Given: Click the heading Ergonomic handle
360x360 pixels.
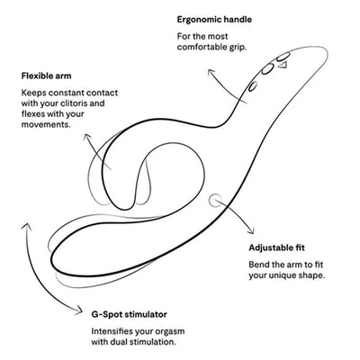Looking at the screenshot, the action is pyautogui.click(x=214, y=20).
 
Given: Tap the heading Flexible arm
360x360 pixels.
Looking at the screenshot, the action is pyautogui.click(x=46, y=76).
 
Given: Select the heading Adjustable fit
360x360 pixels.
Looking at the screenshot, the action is pyautogui.click(x=276, y=247).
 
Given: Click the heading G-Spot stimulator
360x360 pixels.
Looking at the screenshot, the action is pyautogui.click(x=129, y=314).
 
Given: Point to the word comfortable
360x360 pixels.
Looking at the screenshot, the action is pyautogui.click(x=202, y=48).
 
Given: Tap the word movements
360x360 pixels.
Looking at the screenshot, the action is pyautogui.click(x=46, y=124).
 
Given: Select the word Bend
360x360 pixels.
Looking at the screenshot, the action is pyautogui.click(x=258, y=265).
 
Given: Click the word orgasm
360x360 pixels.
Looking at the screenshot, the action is pyautogui.click(x=171, y=332).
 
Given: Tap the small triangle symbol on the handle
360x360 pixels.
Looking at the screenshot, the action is pyautogui.click(x=283, y=65).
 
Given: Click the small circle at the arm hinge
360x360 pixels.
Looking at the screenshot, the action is pyautogui.click(x=216, y=201).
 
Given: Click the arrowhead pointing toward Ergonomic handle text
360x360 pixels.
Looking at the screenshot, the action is pyautogui.click(x=211, y=72).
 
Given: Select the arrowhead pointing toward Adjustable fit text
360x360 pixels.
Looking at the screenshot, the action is pyautogui.click(x=250, y=230).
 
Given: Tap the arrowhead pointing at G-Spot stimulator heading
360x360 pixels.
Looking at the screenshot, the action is pyautogui.click(x=78, y=310).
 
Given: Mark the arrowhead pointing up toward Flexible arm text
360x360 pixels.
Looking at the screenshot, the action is pyautogui.click(x=87, y=137).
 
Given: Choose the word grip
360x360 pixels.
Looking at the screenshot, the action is pyautogui.click(x=238, y=48).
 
